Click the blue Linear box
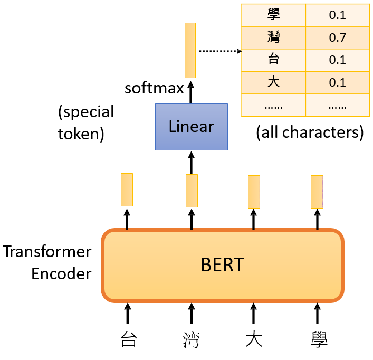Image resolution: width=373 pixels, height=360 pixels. (x=191, y=127)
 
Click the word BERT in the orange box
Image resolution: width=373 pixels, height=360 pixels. (x=222, y=264)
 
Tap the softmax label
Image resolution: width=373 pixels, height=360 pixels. (x=154, y=87)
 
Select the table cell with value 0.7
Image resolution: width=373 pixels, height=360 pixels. (x=337, y=37)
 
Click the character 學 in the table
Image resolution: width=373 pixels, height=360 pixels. (x=273, y=15)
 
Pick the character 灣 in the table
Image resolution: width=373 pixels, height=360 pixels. (x=273, y=37)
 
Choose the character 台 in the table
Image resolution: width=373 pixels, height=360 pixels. (x=273, y=60)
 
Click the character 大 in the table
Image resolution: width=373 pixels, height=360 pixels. (x=273, y=82)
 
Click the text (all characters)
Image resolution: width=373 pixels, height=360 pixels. (x=310, y=132)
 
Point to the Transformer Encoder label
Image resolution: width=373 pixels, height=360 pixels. (x=47, y=262)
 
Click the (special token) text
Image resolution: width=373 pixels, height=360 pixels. (x=86, y=122)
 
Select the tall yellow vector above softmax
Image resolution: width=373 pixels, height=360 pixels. (x=190, y=50)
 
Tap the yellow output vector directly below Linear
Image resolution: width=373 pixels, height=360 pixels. (x=192, y=191)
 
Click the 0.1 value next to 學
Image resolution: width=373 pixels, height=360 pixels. (x=337, y=15)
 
